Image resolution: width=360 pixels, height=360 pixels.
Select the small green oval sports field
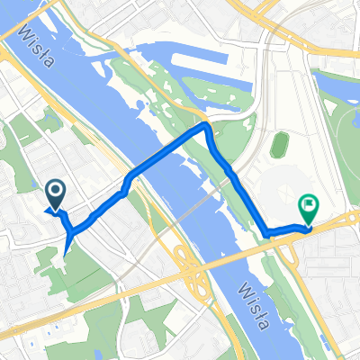click(x=280, y=144)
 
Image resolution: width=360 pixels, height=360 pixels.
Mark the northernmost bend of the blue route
click(x=206, y=128)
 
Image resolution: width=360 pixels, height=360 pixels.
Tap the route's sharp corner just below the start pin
click(x=68, y=232)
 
